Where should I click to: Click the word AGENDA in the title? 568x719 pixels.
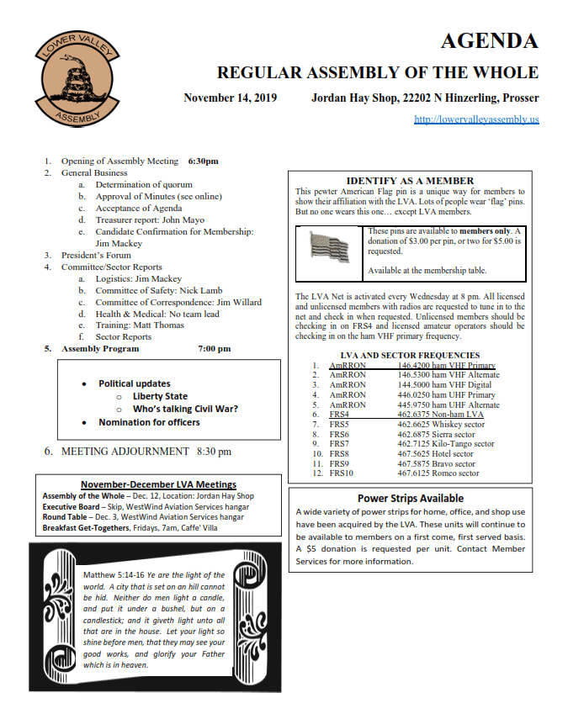489,41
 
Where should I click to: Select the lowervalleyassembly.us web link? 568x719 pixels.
476,119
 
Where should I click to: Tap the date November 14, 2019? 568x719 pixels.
231,98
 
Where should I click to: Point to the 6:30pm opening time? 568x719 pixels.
204,161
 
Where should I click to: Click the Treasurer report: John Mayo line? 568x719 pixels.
150,219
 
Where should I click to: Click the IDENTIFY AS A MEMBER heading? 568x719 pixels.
410,181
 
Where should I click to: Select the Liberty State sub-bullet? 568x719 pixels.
160,396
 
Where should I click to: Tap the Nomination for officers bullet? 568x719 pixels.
149,422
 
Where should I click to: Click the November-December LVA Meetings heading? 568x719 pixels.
158,484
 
